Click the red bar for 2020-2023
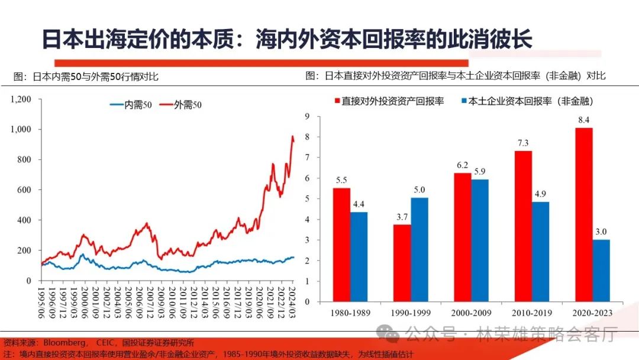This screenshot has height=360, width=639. pyautogui.click(x=583, y=214)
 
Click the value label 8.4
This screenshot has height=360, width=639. pyautogui.click(x=584, y=121)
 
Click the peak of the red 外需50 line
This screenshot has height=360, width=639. pyautogui.click(x=292, y=137)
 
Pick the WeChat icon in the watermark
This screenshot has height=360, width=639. pyautogui.click(x=389, y=335)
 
